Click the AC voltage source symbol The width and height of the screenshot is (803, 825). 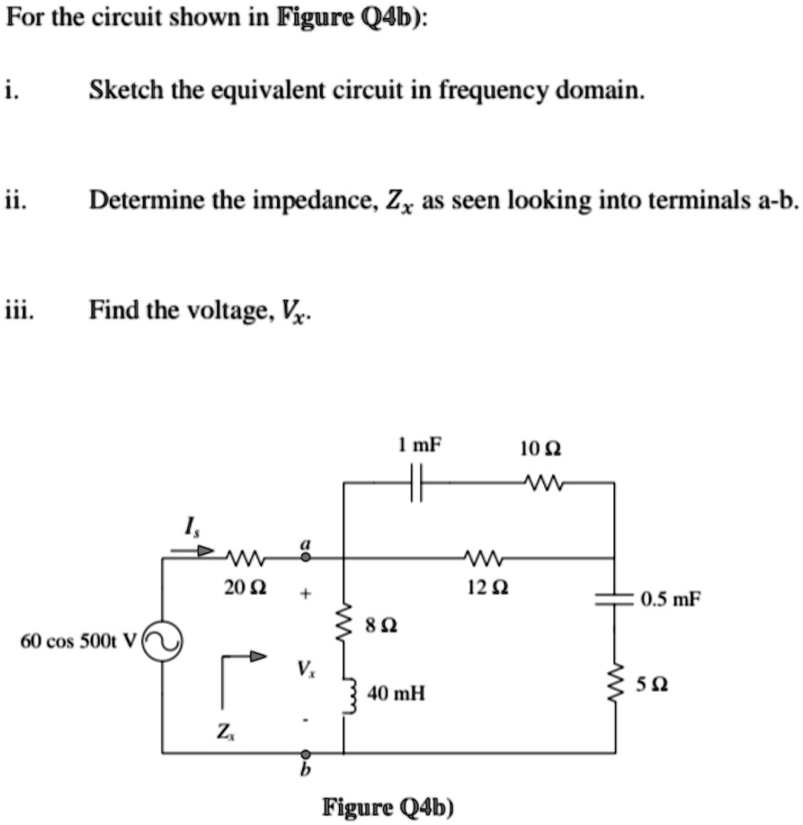(x=162, y=642)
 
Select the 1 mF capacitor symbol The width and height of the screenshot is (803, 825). (x=415, y=483)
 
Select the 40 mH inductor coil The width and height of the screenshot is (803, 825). (x=344, y=694)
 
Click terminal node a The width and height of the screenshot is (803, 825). (x=305, y=558)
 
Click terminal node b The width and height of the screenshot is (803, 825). (x=305, y=752)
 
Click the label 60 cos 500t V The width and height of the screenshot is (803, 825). (x=77, y=641)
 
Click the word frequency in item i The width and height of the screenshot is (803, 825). (x=482, y=91)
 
